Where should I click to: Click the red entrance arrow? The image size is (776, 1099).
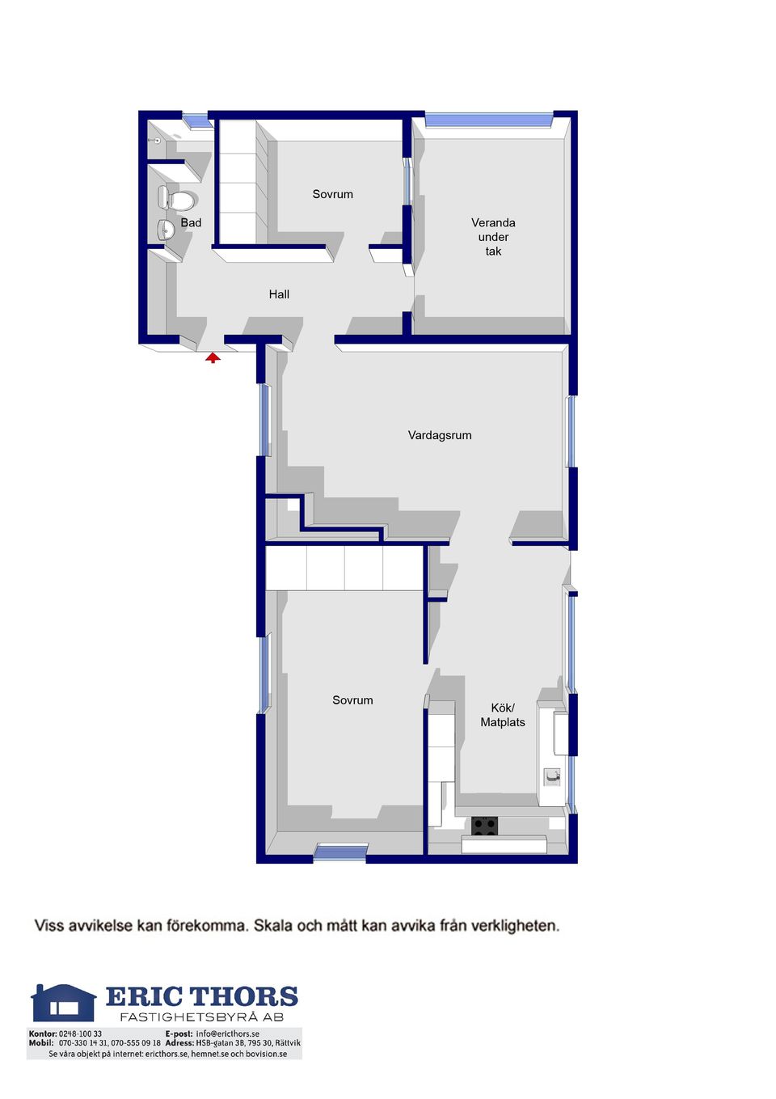pyautogui.click(x=213, y=357)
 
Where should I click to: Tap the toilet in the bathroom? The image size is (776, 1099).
pyautogui.click(x=176, y=198)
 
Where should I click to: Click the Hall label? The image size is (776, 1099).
pyautogui.click(x=279, y=294)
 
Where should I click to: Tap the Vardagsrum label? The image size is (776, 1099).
pyautogui.click(x=440, y=435)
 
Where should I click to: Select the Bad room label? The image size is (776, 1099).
pyautogui.click(x=191, y=222)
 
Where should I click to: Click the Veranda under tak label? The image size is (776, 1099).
pyautogui.click(x=493, y=237)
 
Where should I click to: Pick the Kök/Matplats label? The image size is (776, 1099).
pyautogui.click(x=502, y=715)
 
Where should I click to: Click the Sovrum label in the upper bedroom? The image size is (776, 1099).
pyautogui.click(x=332, y=194)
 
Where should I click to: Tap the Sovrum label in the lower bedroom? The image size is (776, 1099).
pyautogui.click(x=352, y=700)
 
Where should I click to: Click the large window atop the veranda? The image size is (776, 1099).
pyautogui.click(x=488, y=120)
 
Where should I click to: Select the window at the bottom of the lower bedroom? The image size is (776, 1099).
pyautogui.click(x=340, y=852)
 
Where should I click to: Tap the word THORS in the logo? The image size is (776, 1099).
pyautogui.click(x=243, y=997)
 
